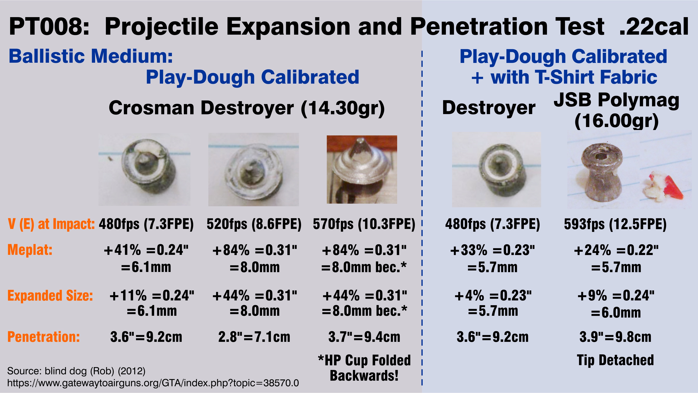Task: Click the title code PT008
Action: [49, 26]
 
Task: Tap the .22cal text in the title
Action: [654, 26]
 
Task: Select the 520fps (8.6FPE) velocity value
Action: [254, 224]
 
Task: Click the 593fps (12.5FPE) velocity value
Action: [615, 224]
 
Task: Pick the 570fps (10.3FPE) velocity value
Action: [364, 224]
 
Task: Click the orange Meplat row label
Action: [30, 250]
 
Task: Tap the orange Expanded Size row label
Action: [50, 295]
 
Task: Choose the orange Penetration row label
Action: [44, 337]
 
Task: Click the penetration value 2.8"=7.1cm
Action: [254, 337]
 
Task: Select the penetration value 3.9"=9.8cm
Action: [615, 337]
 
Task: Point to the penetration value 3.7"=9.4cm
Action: [364, 337]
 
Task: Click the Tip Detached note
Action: [615, 360]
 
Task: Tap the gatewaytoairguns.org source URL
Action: [153, 383]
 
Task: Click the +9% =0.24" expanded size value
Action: [616, 295]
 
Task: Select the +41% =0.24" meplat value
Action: [146, 250]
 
